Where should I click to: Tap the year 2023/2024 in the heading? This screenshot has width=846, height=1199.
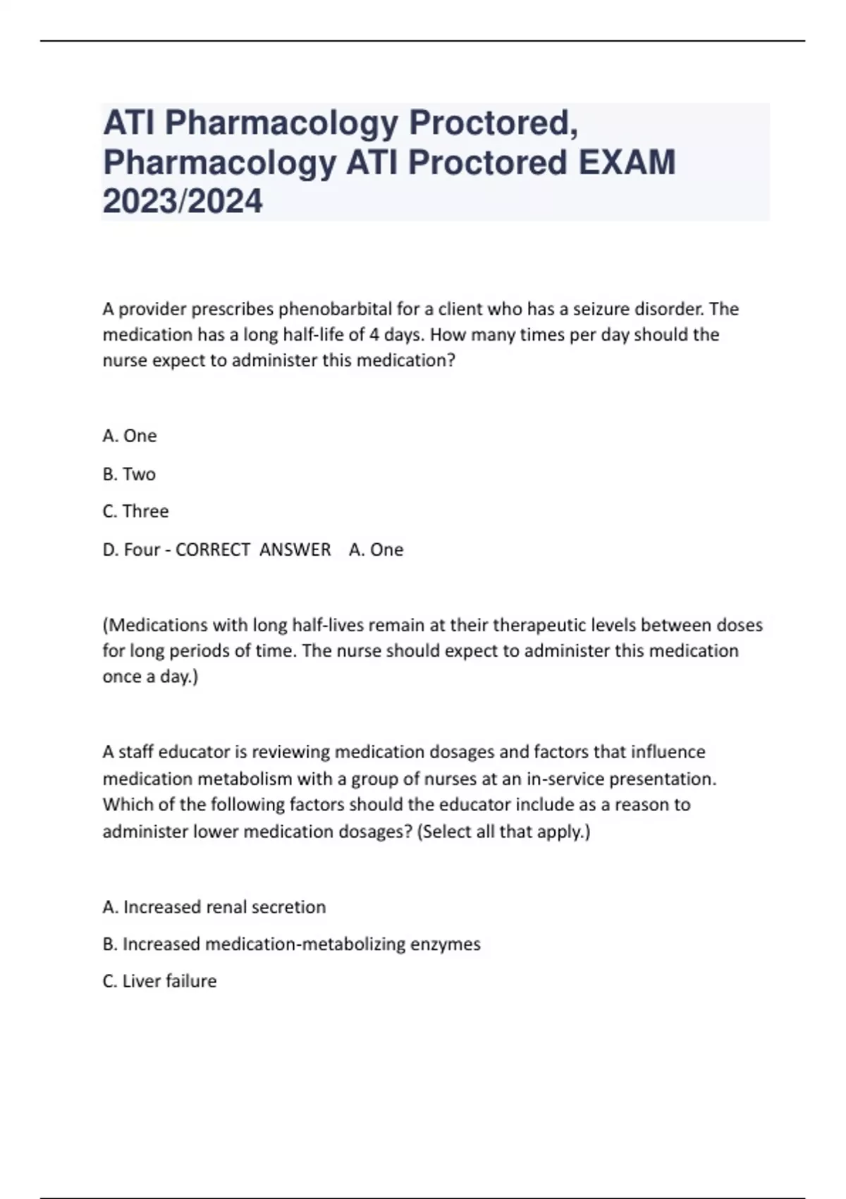tap(183, 201)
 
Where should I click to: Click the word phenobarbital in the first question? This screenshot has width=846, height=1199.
tap(333, 309)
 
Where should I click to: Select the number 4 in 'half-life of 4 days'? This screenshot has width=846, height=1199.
tap(374, 334)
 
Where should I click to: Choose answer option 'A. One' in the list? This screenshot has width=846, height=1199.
tap(130, 436)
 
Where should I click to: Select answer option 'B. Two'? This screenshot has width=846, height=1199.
tap(129, 474)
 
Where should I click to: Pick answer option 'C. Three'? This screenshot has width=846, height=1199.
tap(135, 511)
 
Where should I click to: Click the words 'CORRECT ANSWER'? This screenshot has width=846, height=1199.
tap(252, 549)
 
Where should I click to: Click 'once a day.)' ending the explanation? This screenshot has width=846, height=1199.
tap(150, 677)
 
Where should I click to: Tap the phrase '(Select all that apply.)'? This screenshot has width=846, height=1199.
tap(503, 832)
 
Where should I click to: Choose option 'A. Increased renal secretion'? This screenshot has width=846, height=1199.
tap(214, 907)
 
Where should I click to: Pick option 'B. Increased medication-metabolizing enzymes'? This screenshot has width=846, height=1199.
tap(291, 944)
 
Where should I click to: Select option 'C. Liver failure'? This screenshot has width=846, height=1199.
tap(159, 981)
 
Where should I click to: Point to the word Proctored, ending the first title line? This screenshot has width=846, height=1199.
tap(493, 123)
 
